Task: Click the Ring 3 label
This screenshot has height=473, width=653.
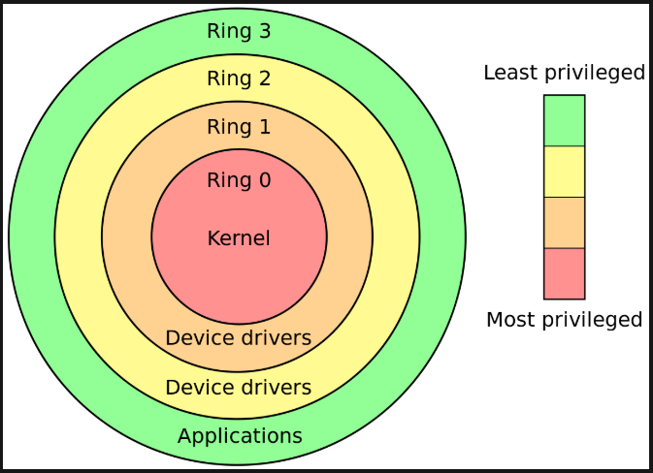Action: (x=239, y=31)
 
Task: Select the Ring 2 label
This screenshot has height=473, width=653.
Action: (x=239, y=79)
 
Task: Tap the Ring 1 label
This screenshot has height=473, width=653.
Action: (x=239, y=127)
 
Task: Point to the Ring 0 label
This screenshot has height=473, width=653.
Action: (x=239, y=180)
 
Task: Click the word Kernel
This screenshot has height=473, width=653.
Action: (x=239, y=237)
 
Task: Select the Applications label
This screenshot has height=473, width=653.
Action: (x=240, y=435)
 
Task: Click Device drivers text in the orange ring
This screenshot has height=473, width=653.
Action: (x=239, y=338)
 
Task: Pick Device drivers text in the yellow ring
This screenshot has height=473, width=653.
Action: (x=239, y=388)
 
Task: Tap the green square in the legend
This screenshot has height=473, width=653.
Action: (x=564, y=120)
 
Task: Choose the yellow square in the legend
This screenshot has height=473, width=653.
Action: (x=564, y=172)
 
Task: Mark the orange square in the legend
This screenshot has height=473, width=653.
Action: (x=564, y=222)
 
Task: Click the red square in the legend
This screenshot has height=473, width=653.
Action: (x=564, y=273)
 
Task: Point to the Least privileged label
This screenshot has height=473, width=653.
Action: (x=564, y=73)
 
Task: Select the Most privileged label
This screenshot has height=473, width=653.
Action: (x=564, y=320)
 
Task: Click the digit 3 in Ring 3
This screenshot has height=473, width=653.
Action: (x=264, y=31)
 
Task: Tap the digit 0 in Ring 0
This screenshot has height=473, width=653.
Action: (x=264, y=180)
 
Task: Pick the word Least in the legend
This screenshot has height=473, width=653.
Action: (x=507, y=73)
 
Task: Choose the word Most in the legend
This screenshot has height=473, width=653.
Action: (x=509, y=320)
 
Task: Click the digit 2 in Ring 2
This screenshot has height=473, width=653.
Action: (x=264, y=79)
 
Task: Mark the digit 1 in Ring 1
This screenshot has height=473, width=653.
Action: (x=264, y=127)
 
